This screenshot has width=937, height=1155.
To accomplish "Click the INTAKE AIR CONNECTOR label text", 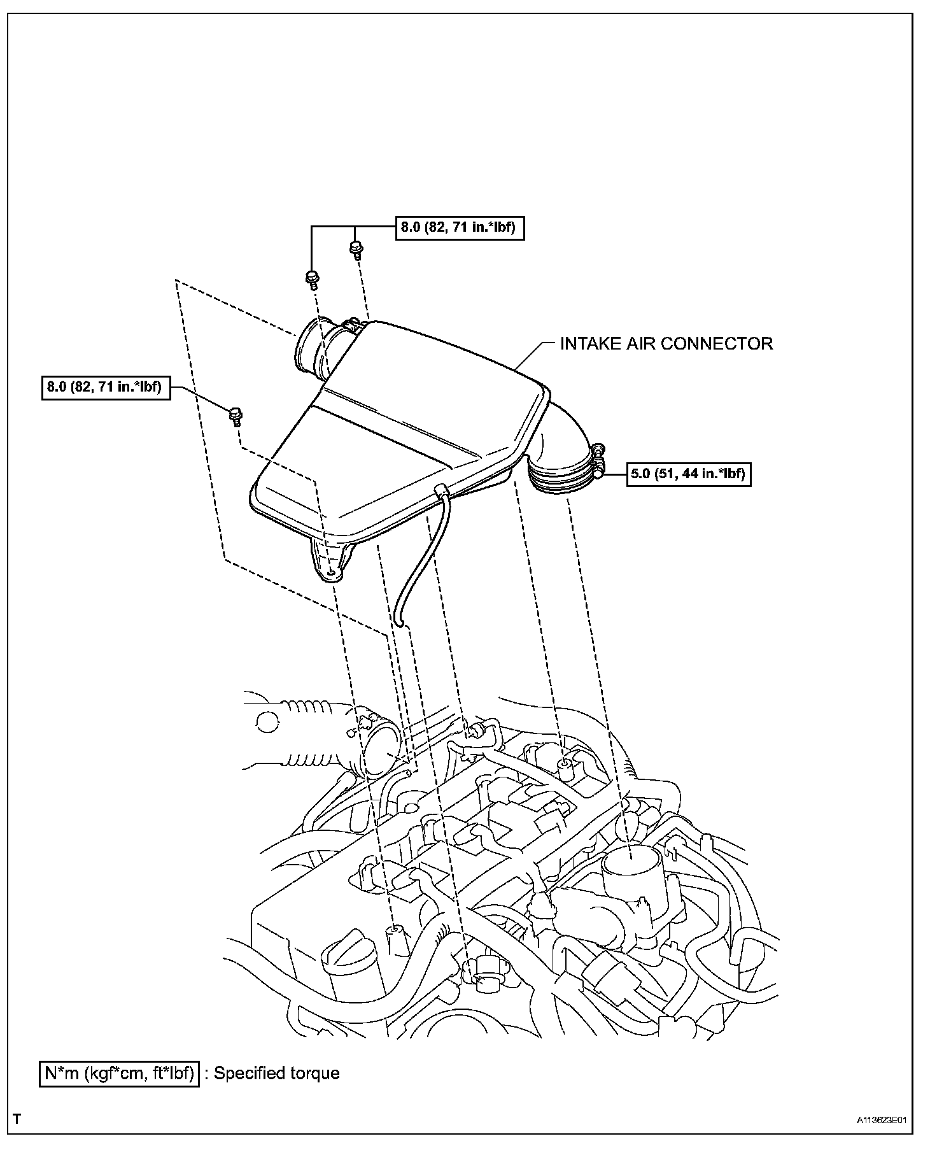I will pyautogui.click(x=666, y=344).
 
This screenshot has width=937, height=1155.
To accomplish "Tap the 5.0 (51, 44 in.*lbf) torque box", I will pyautogui.click(x=689, y=474).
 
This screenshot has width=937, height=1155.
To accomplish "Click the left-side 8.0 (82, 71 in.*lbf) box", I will pyautogui.click(x=106, y=387).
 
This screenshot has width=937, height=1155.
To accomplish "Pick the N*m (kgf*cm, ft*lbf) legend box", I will pyautogui.click(x=119, y=1074).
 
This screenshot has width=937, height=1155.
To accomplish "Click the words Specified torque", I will pyautogui.click(x=276, y=1074).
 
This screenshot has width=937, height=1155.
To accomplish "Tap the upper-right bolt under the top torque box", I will pyautogui.click(x=356, y=249).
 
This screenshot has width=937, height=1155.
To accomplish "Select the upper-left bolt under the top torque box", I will pyautogui.click(x=312, y=279).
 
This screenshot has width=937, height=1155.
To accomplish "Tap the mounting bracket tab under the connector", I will pyautogui.click(x=328, y=561).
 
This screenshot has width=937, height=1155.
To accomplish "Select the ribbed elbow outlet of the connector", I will pyautogui.click(x=560, y=458).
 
